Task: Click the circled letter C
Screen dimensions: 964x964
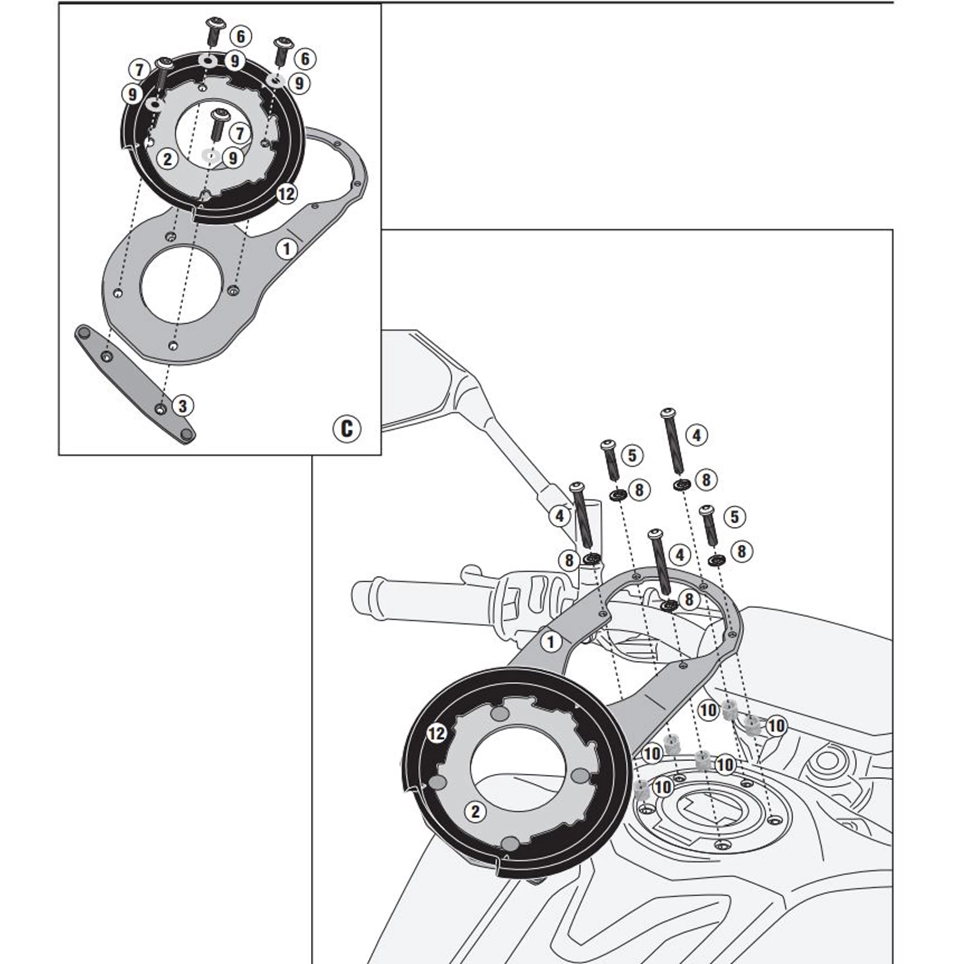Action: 346,428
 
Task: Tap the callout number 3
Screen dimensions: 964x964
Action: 182,406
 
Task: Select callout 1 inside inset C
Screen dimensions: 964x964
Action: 287,249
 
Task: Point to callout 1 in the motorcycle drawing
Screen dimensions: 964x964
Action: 551,642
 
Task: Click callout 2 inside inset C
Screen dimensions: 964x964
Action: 167,159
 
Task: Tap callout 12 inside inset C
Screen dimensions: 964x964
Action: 286,193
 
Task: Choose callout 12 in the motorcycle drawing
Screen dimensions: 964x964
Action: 436,734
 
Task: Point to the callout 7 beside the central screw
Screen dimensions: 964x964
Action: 240,134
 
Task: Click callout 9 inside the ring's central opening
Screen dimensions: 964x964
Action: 232,158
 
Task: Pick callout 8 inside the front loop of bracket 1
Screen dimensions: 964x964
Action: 689,599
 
